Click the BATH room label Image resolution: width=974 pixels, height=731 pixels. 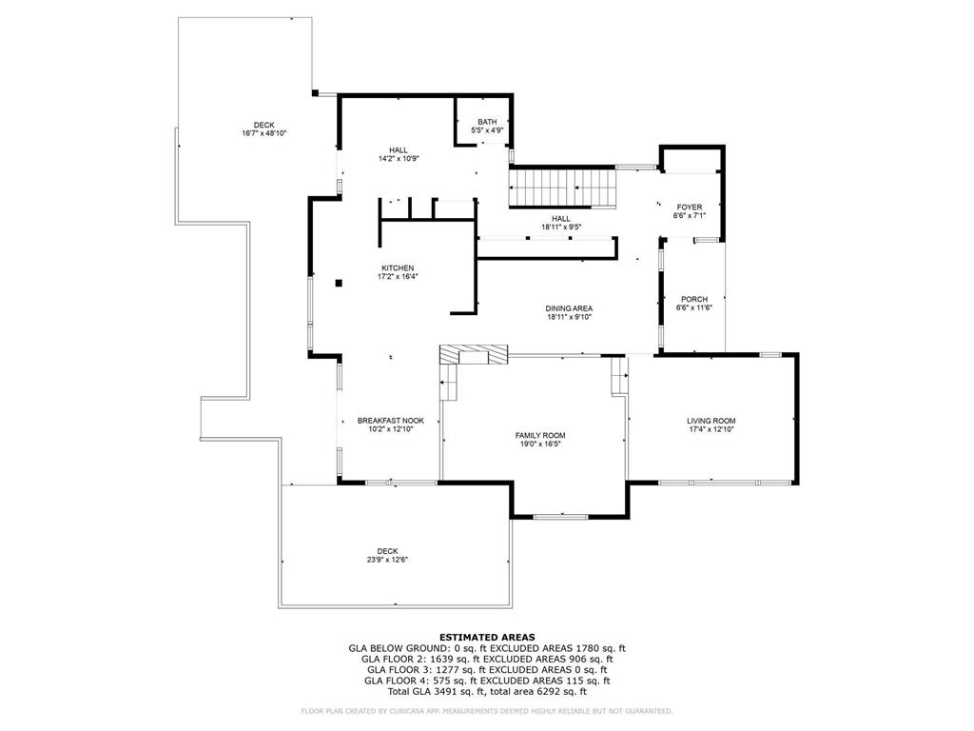(x=487, y=122)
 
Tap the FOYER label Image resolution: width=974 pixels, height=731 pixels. (x=690, y=207)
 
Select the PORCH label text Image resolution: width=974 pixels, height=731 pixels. (x=693, y=299)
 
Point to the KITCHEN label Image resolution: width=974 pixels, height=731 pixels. (x=398, y=267)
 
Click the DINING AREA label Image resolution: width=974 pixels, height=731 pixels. (x=569, y=308)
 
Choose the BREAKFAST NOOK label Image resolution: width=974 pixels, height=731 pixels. (x=391, y=421)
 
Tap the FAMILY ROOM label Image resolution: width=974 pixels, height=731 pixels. (x=540, y=436)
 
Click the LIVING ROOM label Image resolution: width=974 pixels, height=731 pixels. (x=711, y=421)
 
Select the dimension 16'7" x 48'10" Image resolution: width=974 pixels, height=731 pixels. (x=264, y=133)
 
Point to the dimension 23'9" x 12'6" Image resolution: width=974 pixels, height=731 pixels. (x=387, y=560)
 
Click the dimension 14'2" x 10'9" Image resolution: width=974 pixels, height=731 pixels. (x=399, y=159)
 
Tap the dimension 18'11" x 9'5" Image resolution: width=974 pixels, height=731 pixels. (x=560, y=227)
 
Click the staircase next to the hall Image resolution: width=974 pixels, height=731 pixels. (x=563, y=188)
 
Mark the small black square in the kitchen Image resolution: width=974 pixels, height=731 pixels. (x=339, y=284)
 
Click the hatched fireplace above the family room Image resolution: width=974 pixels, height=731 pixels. (x=474, y=355)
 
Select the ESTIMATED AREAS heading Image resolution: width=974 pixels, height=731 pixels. (x=487, y=637)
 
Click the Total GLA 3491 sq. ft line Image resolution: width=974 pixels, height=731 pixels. (x=487, y=691)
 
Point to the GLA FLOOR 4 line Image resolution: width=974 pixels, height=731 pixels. (x=487, y=681)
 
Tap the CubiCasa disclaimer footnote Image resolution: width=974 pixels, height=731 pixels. (x=486, y=711)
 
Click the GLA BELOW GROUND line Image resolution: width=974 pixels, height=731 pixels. (x=487, y=648)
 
